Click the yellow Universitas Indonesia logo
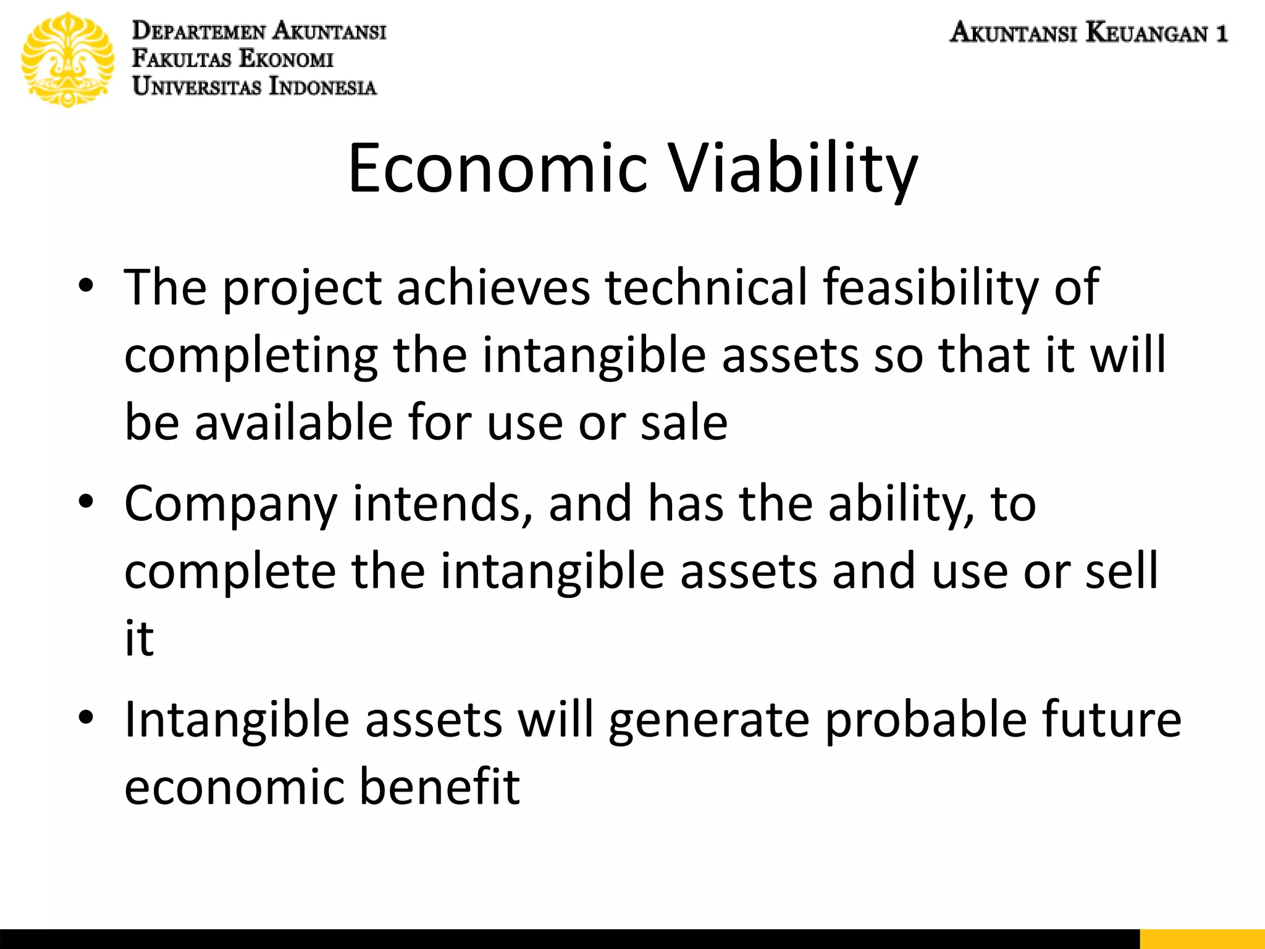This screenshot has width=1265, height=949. [x=68, y=59]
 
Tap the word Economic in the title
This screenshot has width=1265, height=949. [x=498, y=168]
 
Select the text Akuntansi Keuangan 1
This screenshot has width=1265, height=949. [x=1088, y=32]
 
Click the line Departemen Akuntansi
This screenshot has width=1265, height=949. [x=259, y=30]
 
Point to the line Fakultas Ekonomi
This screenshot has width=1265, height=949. [x=233, y=59]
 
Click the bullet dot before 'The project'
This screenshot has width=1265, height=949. [x=86, y=286]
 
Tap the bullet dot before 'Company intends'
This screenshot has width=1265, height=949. [x=86, y=502]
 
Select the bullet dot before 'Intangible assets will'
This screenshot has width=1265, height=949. [x=86, y=718]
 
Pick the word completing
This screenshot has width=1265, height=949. [x=251, y=356]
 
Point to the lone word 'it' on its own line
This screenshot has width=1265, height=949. [x=139, y=638]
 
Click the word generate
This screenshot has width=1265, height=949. [x=708, y=721]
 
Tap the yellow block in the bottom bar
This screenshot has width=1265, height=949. [x=1201, y=938]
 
